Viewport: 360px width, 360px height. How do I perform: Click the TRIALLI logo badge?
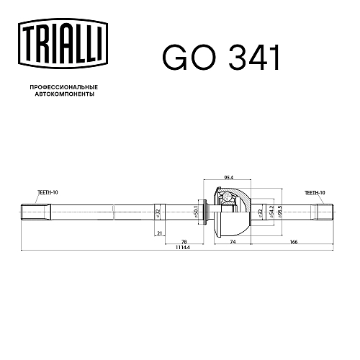pyautogui.click(x=63, y=44)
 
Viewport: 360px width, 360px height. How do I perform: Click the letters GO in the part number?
pyautogui.click(x=189, y=58)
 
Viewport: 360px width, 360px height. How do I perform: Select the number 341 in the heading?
pyautogui.click(x=254, y=58)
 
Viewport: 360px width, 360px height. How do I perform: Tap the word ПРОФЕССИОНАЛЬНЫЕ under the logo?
pyautogui.click(x=64, y=87)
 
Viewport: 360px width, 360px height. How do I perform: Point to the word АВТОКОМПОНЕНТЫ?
pyautogui.click(x=64, y=94)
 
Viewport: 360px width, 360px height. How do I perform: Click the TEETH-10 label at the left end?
pyautogui.click(x=48, y=192)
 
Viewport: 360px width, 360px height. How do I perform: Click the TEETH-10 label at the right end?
pyautogui.click(x=315, y=192)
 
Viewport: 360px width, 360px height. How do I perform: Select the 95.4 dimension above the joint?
pyautogui.click(x=229, y=178)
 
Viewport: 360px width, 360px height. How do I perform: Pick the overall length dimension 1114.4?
pyautogui.click(x=183, y=248)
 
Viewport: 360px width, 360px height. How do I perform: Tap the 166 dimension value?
pyautogui.click(x=294, y=242)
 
